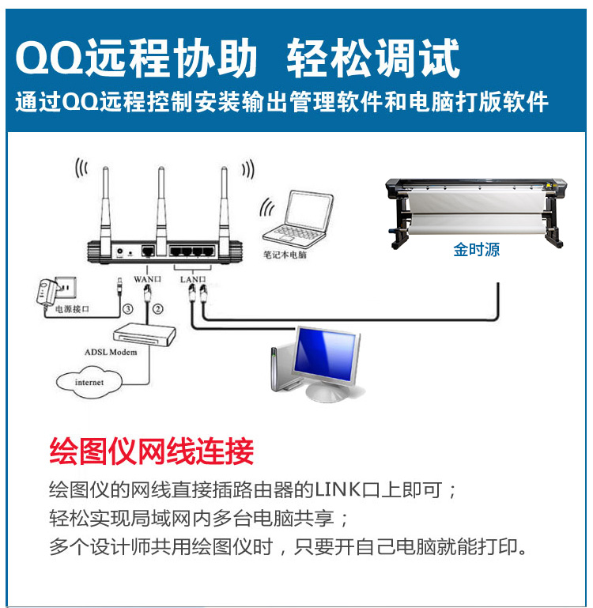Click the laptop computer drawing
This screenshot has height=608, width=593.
[x=298, y=220]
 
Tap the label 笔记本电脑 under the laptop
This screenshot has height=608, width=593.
[x=285, y=255]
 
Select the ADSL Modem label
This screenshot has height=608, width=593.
[x=111, y=352]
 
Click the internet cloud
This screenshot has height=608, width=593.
[x=89, y=383]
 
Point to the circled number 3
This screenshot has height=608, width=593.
[x=127, y=309]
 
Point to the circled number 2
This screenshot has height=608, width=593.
[x=157, y=309]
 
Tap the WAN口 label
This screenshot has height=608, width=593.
[x=147, y=279]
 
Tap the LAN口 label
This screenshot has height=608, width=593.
[x=193, y=279]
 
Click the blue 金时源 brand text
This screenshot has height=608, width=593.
[x=477, y=249]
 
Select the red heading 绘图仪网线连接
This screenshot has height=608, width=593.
[x=152, y=451]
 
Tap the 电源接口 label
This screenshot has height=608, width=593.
[x=72, y=309]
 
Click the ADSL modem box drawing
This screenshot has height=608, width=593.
[x=144, y=334]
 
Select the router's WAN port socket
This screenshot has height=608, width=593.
[x=147, y=251]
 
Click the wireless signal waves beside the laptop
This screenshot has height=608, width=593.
[x=266, y=208]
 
